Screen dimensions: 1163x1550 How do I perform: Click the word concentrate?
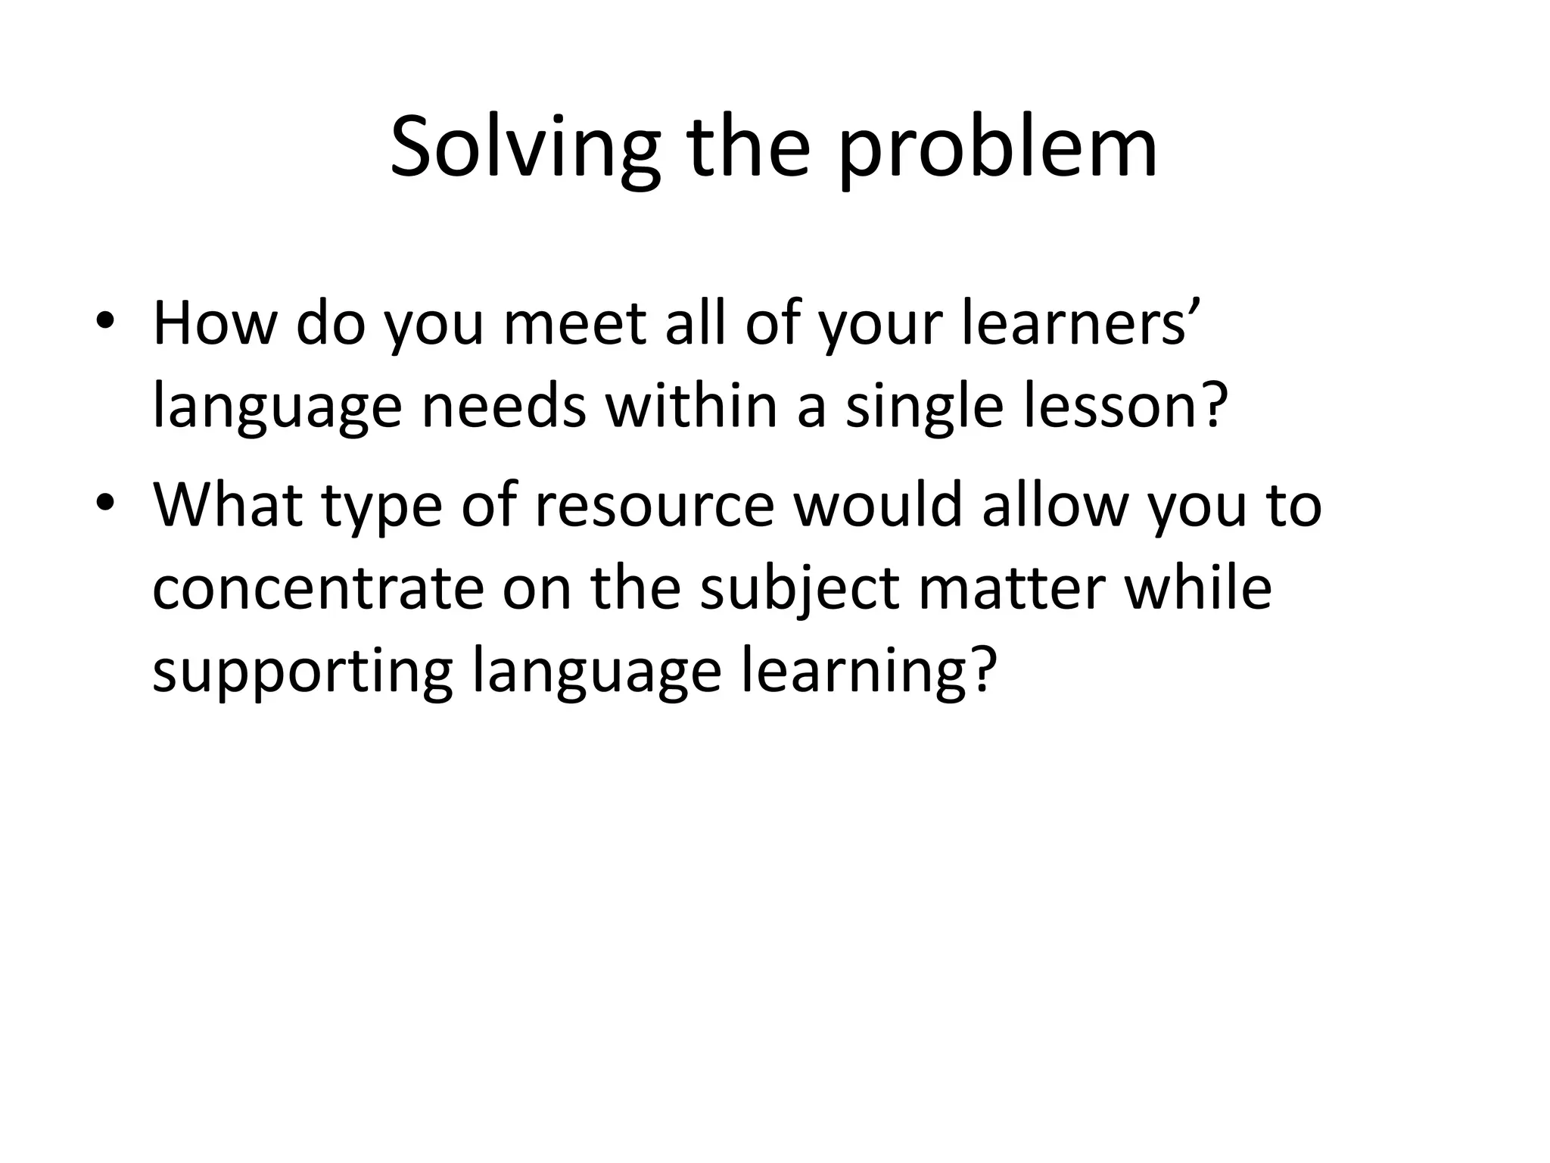(x=318, y=589)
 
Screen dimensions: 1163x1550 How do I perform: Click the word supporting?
(x=303, y=672)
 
